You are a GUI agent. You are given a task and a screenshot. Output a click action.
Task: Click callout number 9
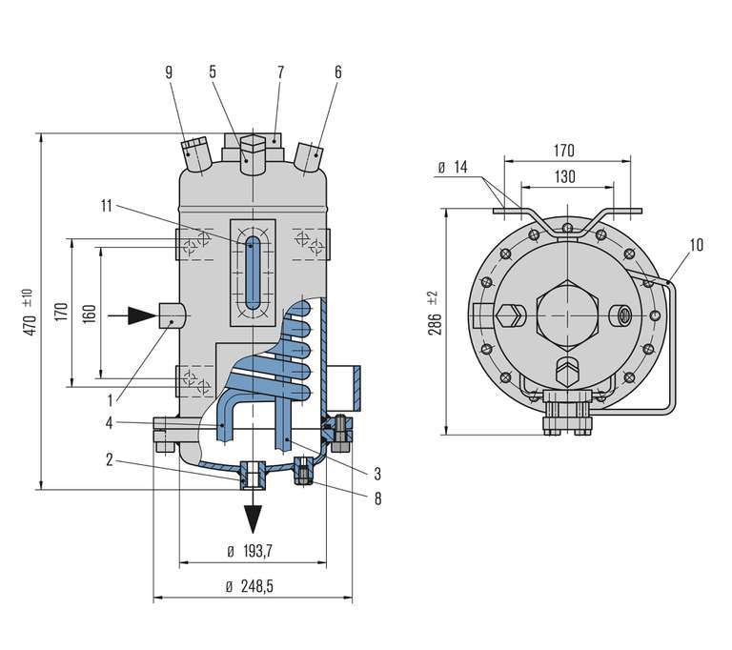(169, 72)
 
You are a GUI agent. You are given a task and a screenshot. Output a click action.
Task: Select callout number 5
(213, 72)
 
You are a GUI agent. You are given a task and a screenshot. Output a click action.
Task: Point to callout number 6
(338, 72)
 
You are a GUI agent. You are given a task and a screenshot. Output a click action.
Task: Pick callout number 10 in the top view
(697, 246)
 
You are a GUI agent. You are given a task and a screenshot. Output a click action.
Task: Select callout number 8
(378, 498)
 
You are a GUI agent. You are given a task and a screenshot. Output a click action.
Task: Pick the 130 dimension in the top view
(564, 176)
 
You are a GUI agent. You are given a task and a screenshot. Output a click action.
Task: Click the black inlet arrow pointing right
(140, 314)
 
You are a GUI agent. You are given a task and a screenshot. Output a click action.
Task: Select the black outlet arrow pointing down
(253, 517)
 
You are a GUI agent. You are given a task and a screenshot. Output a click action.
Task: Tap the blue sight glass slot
(252, 274)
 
